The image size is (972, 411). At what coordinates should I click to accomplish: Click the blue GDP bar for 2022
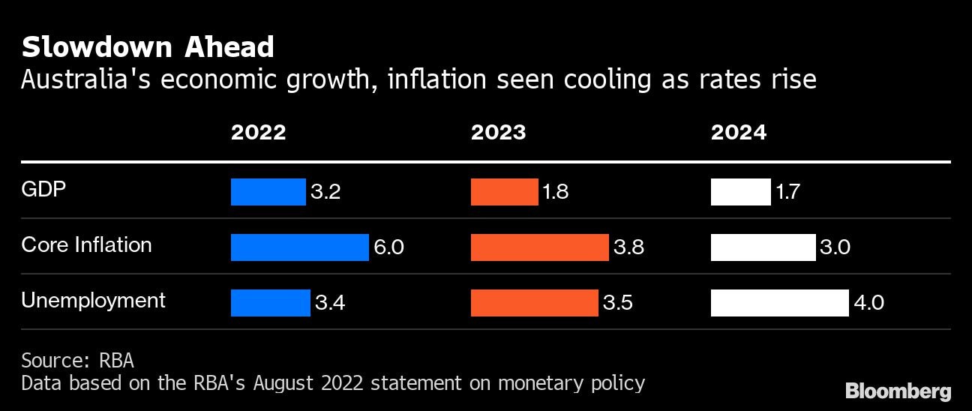[268, 192]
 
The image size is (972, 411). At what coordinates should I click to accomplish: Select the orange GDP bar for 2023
[504, 192]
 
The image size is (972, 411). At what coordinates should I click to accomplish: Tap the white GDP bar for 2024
[740, 192]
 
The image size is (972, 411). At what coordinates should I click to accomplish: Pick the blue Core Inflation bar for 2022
[299, 247]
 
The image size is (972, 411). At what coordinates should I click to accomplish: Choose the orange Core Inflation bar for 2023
[539, 247]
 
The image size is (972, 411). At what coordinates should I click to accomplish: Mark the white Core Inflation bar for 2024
[763, 247]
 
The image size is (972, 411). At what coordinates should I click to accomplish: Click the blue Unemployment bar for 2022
[270, 302]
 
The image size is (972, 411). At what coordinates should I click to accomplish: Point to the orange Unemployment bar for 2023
[534, 302]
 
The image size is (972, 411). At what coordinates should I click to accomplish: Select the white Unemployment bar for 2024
[780, 302]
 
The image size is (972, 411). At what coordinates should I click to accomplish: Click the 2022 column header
[258, 133]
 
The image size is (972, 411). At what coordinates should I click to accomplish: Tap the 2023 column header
[498, 133]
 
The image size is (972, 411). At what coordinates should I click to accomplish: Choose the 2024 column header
[738, 133]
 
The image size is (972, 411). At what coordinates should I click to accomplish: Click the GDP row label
[43, 190]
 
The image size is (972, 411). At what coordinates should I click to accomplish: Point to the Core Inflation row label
[86, 244]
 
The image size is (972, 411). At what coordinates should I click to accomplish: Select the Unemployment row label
[93, 300]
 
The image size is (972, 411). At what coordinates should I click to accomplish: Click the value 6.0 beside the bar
[388, 247]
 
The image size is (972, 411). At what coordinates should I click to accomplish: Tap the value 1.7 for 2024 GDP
[787, 192]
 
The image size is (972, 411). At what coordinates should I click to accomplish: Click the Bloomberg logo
[898, 391]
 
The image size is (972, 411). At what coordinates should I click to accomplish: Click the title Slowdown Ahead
[148, 48]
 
